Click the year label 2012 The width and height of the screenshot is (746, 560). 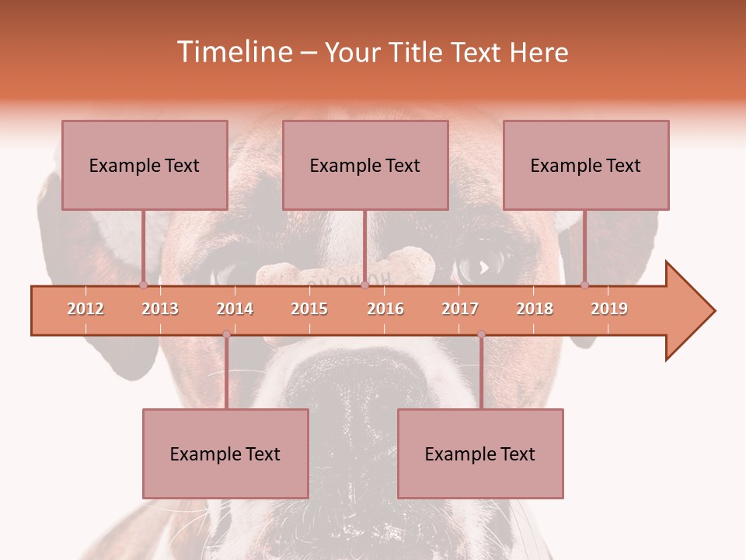click(85, 309)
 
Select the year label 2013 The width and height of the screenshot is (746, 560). click(160, 309)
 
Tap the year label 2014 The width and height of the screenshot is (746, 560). click(235, 309)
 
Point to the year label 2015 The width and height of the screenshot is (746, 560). click(309, 309)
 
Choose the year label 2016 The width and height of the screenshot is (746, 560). click(385, 309)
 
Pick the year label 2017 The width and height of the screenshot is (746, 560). click(460, 309)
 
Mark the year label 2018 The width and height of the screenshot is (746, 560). click(535, 309)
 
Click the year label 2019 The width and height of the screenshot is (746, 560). click(609, 309)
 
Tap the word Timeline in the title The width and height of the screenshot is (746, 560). click(232, 52)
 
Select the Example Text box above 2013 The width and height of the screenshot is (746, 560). click(145, 165)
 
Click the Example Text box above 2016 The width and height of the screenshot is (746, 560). click(365, 165)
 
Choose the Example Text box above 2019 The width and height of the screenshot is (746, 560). click(586, 165)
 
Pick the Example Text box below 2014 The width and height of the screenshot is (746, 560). click(225, 453)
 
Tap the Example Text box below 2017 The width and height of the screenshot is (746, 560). click(480, 453)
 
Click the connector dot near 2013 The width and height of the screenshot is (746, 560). click(143, 285)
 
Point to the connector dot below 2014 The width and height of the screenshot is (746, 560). click(226, 334)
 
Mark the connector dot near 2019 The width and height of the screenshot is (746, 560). click(584, 285)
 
